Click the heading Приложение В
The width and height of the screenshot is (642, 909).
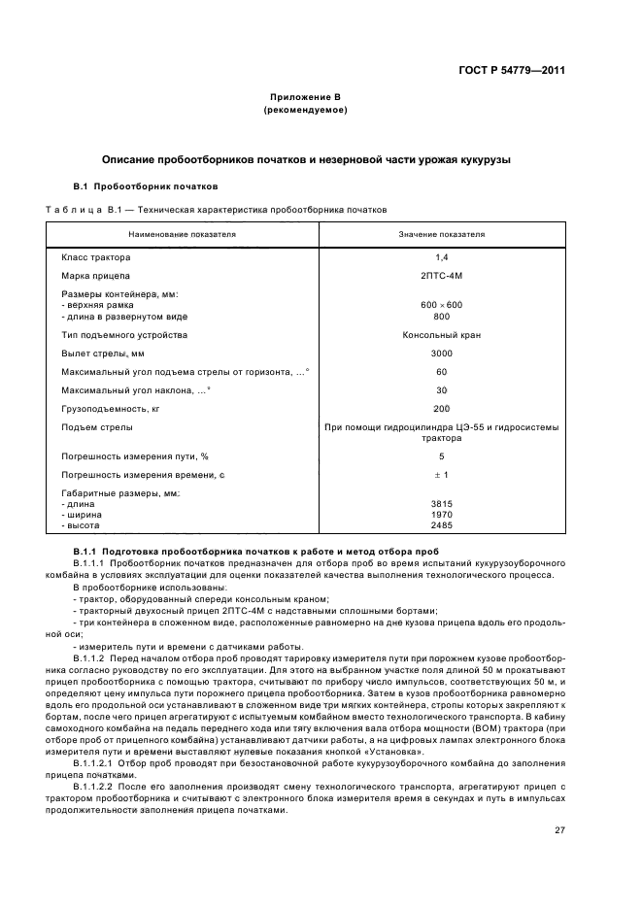pyautogui.click(x=305, y=98)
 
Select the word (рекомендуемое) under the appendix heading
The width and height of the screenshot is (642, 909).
pyautogui.click(x=305, y=111)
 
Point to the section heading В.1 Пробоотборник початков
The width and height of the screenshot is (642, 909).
pyautogui.click(x=146, y=185)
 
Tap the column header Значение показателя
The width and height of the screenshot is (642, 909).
pyautogui.click(x=442, y=234)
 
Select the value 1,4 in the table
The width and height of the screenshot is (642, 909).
pyautogui.click(x=442, y=257)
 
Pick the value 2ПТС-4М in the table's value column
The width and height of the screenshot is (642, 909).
pyautogui.click(x=442, y=276)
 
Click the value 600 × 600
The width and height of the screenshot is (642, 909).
pyautogui.click(x=442, y=305)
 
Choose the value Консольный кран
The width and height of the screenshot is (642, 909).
pyautogui.click(x=442, y=335)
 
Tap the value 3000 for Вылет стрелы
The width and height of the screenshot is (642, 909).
pyautogui.click(x=442, y=353)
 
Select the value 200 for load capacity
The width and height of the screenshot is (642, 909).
pyautogui.click(x=442, y=409)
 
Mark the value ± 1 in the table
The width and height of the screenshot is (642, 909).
pyautogui.click(x=442, y=474)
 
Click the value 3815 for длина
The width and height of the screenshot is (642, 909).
pyautogui.click(x=442, y=504)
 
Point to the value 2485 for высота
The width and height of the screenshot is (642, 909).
pyautogui.click(x=442, y=524)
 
